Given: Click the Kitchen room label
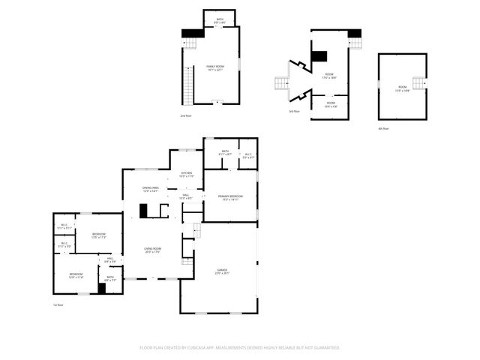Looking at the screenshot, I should [186, 174].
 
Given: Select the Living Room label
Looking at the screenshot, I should [153, 250].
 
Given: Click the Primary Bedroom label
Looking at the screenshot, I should [230, 196].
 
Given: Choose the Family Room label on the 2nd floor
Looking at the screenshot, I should [216, 67].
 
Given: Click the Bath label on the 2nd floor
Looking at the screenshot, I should [220, 20].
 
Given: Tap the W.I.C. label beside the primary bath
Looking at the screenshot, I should [248, 155].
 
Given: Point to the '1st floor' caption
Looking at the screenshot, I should [58, 305].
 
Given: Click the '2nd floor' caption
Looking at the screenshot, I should [185, 116].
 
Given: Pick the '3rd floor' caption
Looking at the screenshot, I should [295, 111].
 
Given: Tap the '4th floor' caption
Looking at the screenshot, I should [383, 128].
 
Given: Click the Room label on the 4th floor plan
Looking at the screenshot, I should [402, 88].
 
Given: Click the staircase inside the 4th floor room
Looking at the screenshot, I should [424, 82].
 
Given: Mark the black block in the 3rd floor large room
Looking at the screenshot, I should [319, 55].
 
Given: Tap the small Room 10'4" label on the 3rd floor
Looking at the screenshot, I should [331, 104].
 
